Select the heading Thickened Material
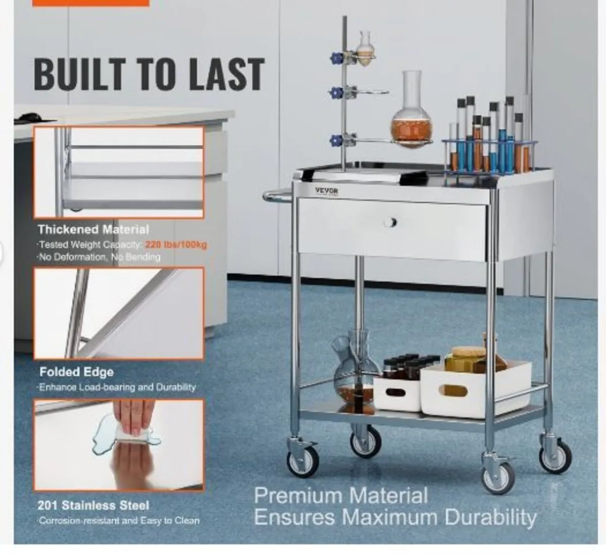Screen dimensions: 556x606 point(93,229)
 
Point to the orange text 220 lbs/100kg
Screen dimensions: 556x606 point(176,245)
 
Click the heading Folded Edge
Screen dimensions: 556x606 point(77,373)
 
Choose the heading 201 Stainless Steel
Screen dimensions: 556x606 point(93,505)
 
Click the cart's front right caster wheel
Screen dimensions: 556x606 point(498,476)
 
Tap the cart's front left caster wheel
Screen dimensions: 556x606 point(303,459)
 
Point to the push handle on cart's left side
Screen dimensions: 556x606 point(277,196)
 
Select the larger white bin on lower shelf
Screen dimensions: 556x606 point(475,387)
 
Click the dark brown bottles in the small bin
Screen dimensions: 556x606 point(404,366)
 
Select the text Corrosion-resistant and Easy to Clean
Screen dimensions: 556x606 point(119,521)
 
